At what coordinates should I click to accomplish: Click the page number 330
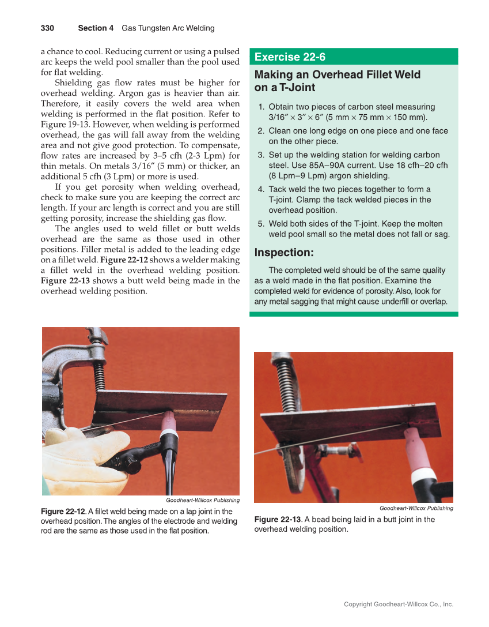47,28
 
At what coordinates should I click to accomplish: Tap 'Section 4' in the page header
96,28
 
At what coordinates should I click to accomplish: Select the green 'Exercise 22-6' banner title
290,57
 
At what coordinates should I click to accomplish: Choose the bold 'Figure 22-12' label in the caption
63,511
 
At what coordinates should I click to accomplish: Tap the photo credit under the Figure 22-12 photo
202,500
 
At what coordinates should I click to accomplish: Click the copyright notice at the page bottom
398,604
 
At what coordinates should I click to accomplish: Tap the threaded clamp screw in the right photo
286,384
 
